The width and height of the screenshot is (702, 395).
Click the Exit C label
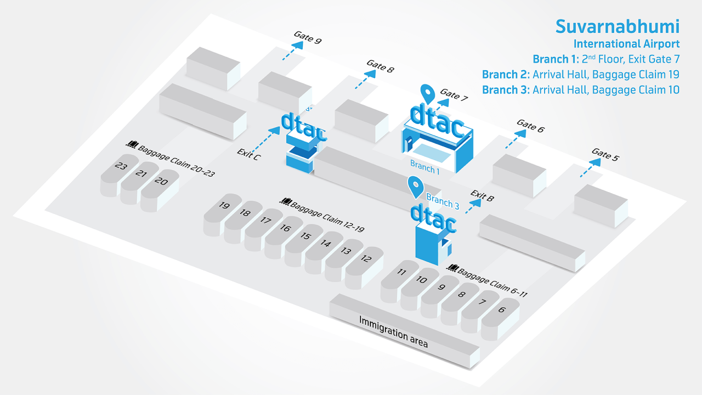point(248,154)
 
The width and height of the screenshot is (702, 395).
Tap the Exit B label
point(482,196)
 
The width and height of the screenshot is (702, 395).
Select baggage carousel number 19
point(224,206)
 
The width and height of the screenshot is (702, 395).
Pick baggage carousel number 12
point(365,258)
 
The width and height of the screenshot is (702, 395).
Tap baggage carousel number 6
point(501,310)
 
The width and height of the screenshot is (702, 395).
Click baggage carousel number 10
point(421,280)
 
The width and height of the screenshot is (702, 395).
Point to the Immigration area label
point(393,331)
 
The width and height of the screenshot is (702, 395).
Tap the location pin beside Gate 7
point(427,94)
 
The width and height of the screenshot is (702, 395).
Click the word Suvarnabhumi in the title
point(617,26)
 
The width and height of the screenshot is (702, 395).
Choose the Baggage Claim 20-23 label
point(176,161)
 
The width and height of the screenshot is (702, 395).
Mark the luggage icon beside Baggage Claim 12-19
point(285,201)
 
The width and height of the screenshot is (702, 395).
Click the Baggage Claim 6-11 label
point(492,282)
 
